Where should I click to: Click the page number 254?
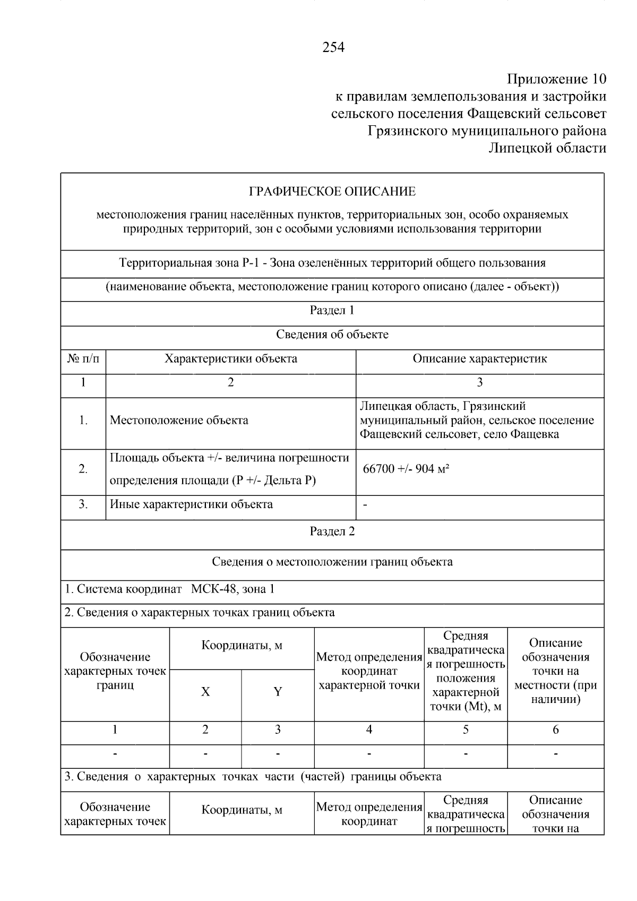point(333,48)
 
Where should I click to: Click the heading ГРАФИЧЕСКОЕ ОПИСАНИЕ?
point(332,192)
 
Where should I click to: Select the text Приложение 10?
point(556,80)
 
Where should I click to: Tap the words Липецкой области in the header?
point(547,148)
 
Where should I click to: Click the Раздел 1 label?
point(332,311)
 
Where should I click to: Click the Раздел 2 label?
point(332,532)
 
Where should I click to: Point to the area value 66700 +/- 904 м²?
point(406,469)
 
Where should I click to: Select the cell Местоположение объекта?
point(179,421)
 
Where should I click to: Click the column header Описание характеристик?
point(479,359)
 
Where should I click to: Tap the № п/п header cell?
point(83,359)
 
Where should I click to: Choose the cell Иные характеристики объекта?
point(191,504)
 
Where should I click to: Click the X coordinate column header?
point(205,692)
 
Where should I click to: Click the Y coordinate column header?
point(278,692)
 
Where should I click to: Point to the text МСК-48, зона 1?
point(233,589)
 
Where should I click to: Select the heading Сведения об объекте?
point(332,335)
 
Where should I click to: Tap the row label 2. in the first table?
point(83,469)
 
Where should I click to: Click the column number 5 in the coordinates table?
point(466,730)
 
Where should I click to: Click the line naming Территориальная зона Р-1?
point(332,263)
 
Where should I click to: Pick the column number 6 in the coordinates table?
point(556,730)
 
